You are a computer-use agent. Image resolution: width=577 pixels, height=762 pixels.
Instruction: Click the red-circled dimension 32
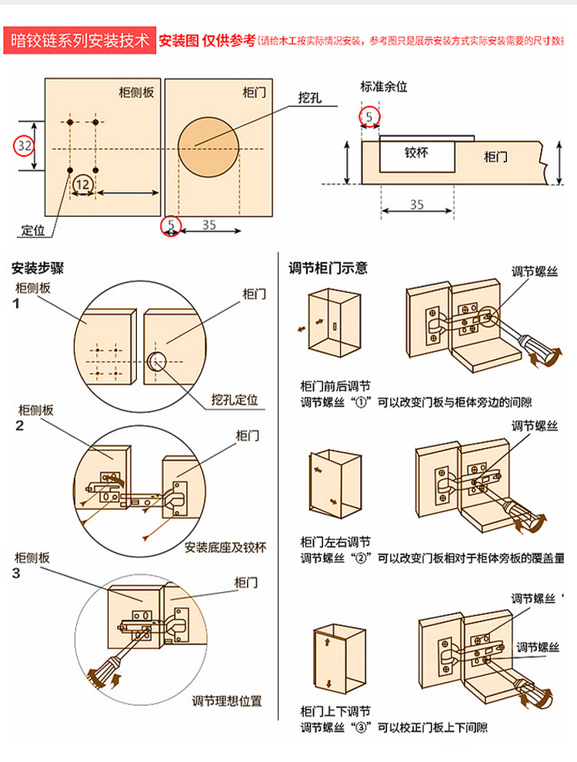pyautogui.click(x=25, y=145)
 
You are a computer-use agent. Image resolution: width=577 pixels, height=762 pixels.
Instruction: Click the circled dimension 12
pyautogui.click(x=83, y=184)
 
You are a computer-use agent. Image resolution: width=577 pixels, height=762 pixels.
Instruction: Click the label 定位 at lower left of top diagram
pyautogui.click(x=33, y=230)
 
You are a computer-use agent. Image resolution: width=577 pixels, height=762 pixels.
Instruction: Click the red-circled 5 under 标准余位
pyautogui.click(x=370, y=117)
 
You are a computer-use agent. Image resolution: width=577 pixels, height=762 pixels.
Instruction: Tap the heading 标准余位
pyautogui.click(x=384, y=87)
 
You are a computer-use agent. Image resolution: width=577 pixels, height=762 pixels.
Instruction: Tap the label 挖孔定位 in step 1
pyautogui.click(x=235, y=400)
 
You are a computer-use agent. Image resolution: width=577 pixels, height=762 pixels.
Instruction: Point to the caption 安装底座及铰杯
pyautogui.click(x=225, y=547)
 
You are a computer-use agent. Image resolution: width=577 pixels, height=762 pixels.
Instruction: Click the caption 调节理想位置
pyautogui.click(x=227, y=700)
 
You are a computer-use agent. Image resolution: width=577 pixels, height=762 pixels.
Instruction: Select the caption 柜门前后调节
pyautogui.click(x=335, y=386)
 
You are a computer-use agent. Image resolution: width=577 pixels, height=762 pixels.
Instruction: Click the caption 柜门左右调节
pyautogui.click(x=335, y=542)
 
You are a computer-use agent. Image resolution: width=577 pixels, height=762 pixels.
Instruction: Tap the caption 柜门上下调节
pyautogui.click(x=335, y=711)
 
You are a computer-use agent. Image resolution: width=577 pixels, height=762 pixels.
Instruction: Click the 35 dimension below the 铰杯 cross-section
pyautogui.click(x=416, y=205)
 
